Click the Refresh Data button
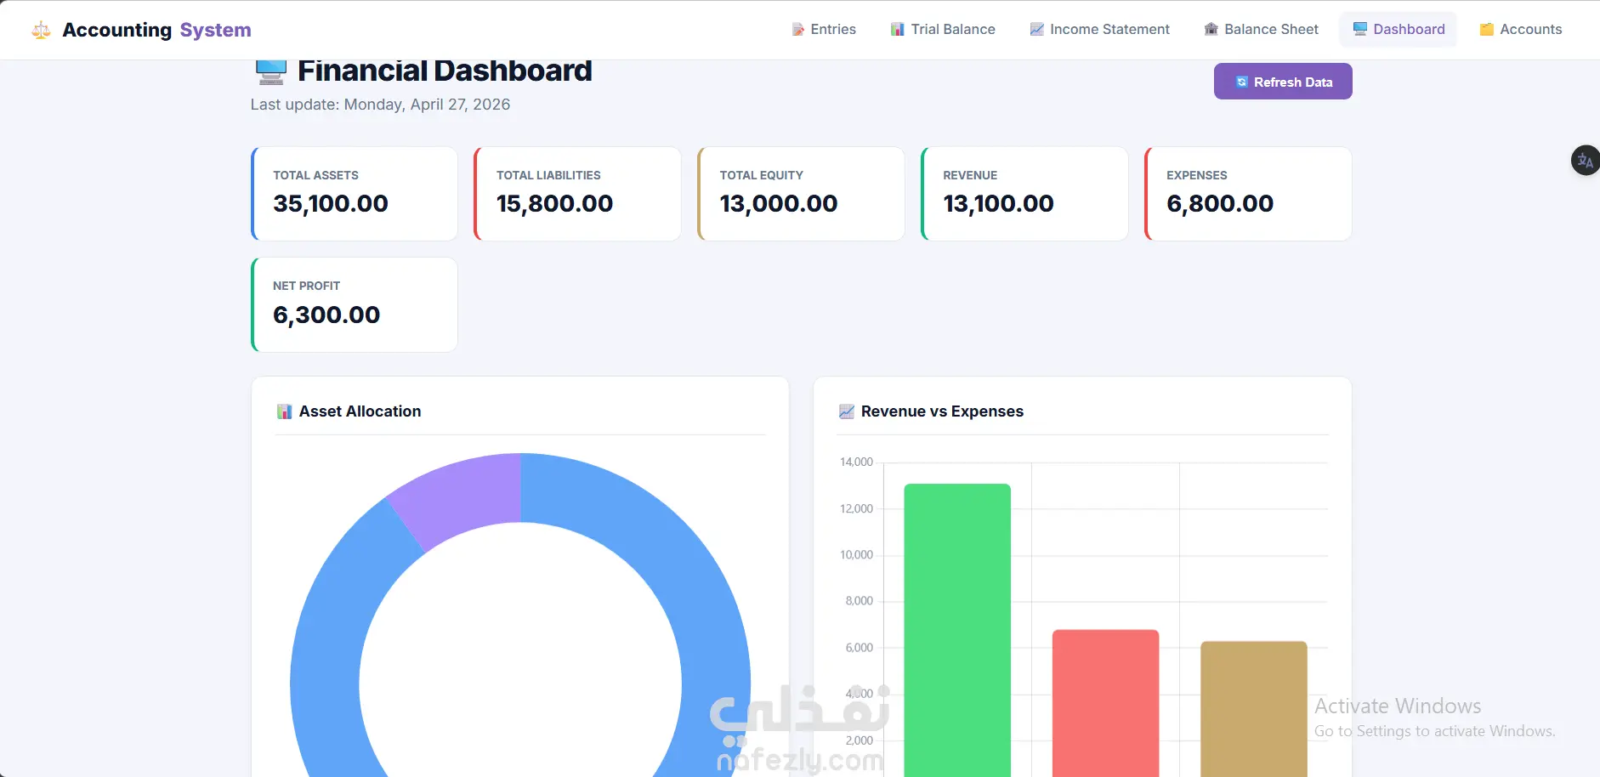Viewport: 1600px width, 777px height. click(1283, 82)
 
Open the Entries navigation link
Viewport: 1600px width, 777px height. click(824, 29)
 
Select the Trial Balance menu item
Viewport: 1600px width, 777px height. click(943, 29)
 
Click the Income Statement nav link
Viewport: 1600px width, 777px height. click(1099, 29)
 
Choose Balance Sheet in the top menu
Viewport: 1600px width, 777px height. click(1262, 29)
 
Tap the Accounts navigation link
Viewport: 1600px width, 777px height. click(1521, 29)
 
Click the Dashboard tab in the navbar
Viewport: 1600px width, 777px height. click(1399, 29)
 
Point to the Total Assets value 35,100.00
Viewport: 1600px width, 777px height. click(331, 204)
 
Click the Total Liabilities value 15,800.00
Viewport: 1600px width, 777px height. click(554, 204)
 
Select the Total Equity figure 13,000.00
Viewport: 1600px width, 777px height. click(779, 204)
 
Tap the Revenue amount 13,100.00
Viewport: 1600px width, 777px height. click(998, 204)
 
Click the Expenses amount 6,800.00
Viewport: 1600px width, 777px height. click(1220, 204)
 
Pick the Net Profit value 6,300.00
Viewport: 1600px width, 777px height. click(326, 315)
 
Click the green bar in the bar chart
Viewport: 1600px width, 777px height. click(957, 630)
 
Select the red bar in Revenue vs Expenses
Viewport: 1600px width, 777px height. click(1105, 703)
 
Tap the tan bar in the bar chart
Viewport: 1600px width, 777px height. click(1253, 709)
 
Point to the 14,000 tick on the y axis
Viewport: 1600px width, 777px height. click(856, 462)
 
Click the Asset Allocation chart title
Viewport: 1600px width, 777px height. click(360, 411)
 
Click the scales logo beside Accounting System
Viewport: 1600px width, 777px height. click(41, 31)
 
